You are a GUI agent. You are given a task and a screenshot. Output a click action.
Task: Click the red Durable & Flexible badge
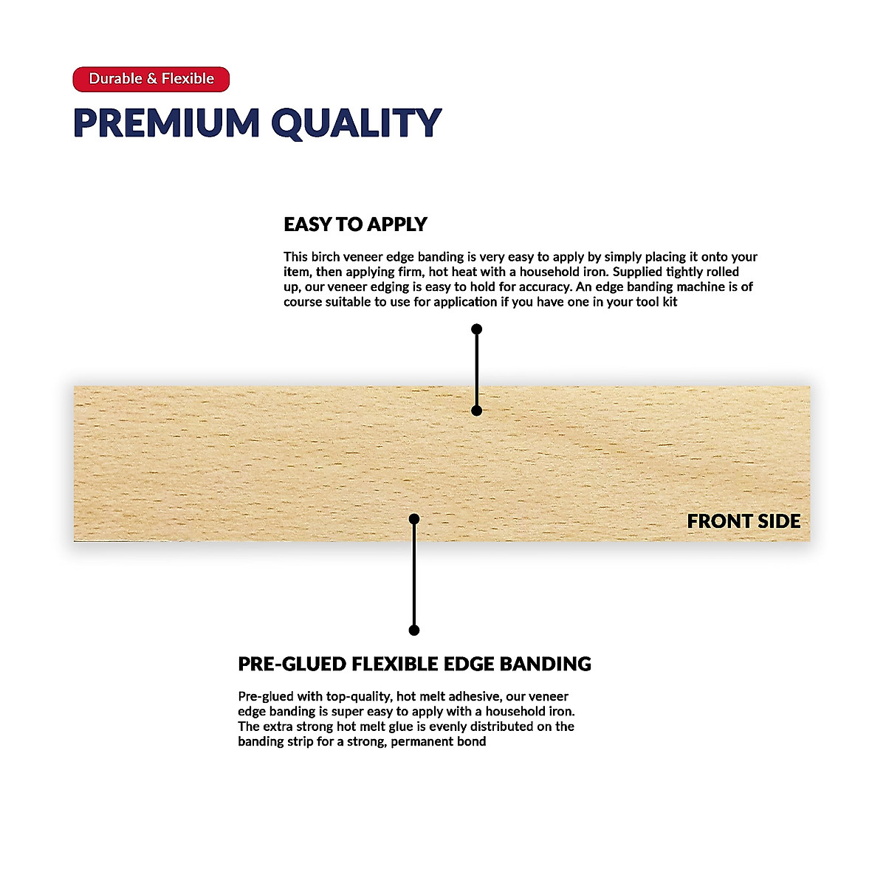151,79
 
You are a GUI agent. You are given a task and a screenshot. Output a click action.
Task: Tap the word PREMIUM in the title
167,123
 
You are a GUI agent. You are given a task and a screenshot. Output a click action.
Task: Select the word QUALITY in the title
356,123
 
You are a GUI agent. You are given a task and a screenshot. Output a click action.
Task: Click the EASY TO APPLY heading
355,224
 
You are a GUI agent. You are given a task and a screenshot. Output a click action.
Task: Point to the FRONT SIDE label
744,521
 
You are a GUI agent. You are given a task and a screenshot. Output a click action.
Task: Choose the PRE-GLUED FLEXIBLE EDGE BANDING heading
414,664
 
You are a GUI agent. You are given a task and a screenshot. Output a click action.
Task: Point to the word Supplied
638,272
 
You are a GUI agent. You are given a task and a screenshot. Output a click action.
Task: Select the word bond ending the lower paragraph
472,741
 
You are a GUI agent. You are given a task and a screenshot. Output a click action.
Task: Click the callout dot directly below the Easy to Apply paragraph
477,329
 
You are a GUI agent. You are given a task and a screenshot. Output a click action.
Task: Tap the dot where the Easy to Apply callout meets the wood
477,411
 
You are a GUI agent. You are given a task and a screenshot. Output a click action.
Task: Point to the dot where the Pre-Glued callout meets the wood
414,519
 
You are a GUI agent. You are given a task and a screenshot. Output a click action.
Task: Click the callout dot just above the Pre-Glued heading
414,630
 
